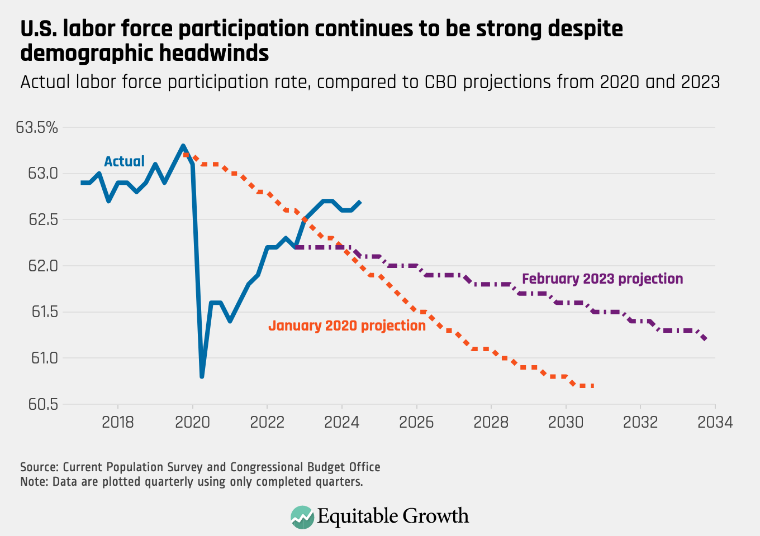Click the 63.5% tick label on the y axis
pos(37,127)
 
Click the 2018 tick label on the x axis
pos(118,422)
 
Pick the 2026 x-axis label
pos(416,422)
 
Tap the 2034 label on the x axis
pos(715,422)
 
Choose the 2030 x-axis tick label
pos(566,422)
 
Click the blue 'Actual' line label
pos(124,161)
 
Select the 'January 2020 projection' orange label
pos(347,326)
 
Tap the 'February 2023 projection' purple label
pos(602,279)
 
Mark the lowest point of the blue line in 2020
pos(202,376)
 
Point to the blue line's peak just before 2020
pos(183,146)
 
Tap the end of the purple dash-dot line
pos(705,338)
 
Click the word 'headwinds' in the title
pos(215,54)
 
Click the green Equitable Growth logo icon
pos(302,516)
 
